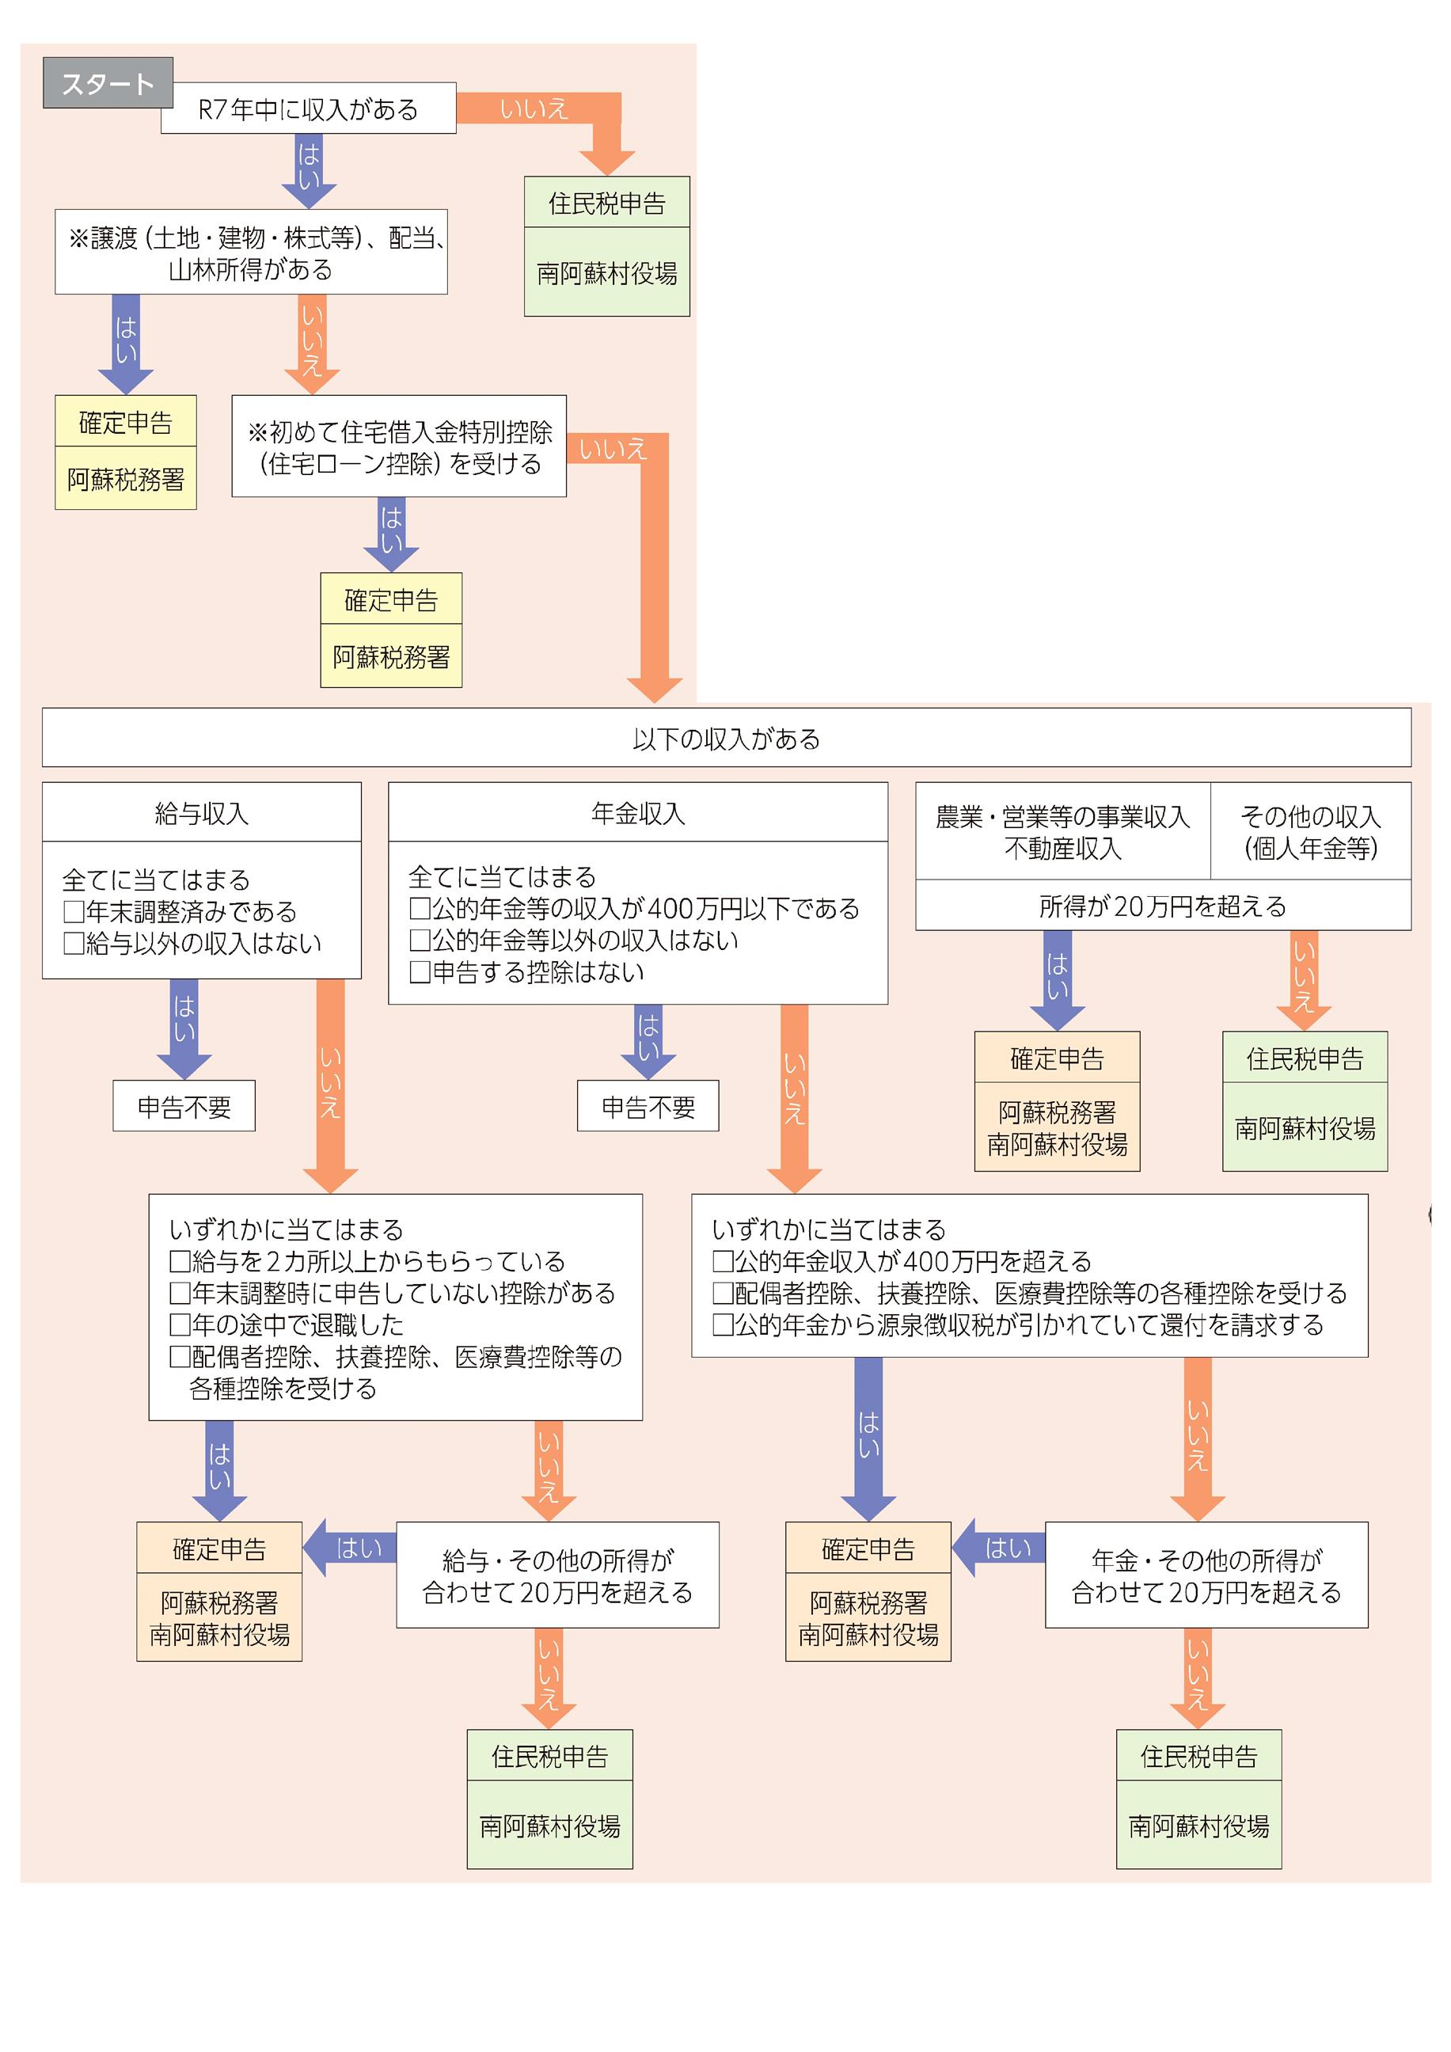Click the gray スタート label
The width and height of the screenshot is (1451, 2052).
(x=107, y=83)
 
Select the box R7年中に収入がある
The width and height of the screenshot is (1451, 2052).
(x=308, y=109)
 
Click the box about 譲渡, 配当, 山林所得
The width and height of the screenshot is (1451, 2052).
(x=251, y=253)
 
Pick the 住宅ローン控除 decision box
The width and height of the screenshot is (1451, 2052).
(x=398, y=446)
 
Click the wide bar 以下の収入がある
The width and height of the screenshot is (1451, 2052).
(x=725, y=738)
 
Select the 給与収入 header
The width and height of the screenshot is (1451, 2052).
(x=201, y=812)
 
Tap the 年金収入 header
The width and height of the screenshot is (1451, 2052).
(x=637, y=812)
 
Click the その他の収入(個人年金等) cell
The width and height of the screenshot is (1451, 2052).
(x=1310, y=831)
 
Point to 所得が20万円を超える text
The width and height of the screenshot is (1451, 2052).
(x=1161, y=906)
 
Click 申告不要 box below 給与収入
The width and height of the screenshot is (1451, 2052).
(x=184, y=1107)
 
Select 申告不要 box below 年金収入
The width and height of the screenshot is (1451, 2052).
(x=648, y=1107)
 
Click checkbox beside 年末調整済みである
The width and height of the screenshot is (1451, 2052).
(x=74, y=911)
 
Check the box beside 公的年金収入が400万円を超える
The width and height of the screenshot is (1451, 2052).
(x=722, y=1261)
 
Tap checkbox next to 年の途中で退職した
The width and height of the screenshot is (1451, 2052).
(x=180, y=1324)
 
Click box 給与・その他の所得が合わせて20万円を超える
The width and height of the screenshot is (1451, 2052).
(x=557, y=1575)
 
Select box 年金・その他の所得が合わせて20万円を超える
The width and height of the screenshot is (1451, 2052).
(x=1206, y=1575)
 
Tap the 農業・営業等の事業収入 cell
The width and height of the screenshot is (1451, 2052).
(x=1062, y=831)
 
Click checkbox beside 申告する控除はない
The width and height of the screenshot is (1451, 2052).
(x=420, y=972)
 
